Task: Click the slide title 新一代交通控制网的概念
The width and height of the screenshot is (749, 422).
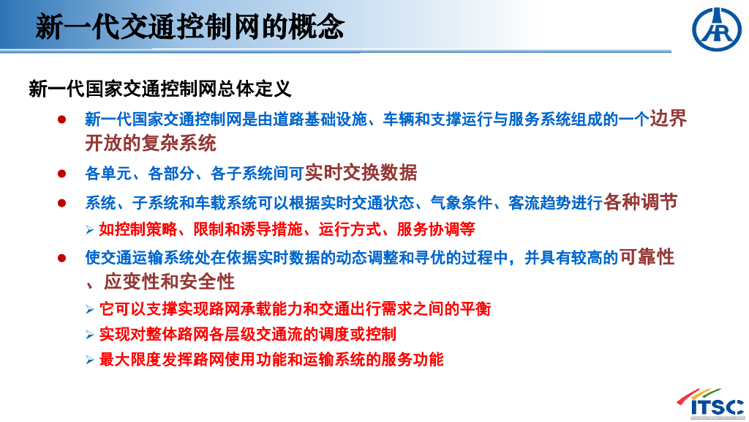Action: [189, 26]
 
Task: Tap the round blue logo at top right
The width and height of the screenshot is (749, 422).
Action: [717, 29]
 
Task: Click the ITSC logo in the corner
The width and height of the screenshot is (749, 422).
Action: [711, 404]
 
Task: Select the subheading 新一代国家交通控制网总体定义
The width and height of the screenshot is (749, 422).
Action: [159, 89]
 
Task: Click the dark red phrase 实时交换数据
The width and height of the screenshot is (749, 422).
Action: [361, 172]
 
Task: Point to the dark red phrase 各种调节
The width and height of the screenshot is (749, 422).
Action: [641, 201]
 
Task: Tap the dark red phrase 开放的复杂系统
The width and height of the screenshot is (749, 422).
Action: [151, 143]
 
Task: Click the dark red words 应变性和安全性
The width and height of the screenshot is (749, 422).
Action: [169, 281]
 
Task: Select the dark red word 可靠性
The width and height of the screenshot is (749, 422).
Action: [647, 257]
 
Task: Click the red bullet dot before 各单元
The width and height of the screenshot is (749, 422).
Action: [61, 173]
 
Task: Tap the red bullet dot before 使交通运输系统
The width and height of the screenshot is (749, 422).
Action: [61, 259]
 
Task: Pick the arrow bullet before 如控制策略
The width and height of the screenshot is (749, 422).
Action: [90, 230]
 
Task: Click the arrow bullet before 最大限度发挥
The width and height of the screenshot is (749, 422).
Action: [90, 360]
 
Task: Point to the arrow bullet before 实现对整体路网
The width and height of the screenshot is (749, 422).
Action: [90, 334]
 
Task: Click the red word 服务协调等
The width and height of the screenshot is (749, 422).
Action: [436, 229]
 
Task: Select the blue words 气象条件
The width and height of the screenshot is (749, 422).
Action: [461, 203]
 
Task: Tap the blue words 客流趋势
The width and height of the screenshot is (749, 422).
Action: [539, 203]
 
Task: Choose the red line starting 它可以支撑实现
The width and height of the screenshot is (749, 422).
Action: [295, 309]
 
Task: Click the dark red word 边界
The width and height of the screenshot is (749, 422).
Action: [669, 118]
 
